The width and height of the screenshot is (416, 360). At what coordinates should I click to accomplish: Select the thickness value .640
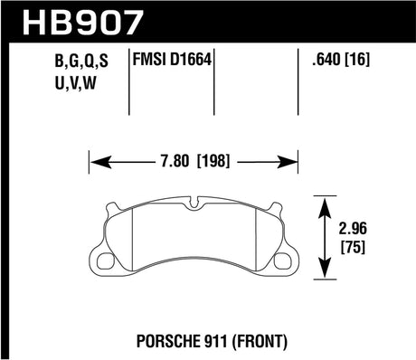tap(325, 62)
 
